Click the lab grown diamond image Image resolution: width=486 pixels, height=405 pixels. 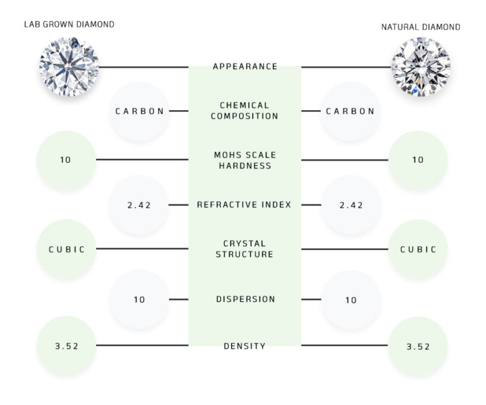coord(68,66)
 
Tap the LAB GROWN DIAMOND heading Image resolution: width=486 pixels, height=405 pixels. coord(69,25)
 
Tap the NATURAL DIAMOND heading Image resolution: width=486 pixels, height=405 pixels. coord(420,27)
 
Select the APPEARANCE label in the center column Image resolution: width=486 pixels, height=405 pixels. coord(245,66)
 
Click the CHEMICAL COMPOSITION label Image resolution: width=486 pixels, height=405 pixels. coord(245,111)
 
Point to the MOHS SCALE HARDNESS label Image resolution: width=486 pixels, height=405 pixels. coord(245,160)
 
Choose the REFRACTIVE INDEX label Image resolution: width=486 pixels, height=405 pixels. coord(245,204)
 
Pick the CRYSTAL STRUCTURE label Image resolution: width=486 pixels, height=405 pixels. coord(245,249)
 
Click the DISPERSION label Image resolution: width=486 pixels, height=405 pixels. coord(245,299)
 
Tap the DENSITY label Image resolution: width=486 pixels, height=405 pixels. coord(245,346)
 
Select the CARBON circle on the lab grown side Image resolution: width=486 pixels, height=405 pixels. coord(139,111)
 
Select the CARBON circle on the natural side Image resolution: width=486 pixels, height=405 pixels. coord(350,111)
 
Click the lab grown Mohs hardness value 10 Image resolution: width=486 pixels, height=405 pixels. coord(66,160)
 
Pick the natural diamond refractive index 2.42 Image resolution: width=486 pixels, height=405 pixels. coord(350,205)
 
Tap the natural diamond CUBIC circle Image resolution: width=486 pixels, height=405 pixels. coord(418,249)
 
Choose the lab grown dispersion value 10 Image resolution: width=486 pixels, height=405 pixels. coord(139,299)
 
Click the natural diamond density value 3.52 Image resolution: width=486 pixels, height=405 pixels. coord(418,346)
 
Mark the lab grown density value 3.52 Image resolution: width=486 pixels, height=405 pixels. coord(66,346)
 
